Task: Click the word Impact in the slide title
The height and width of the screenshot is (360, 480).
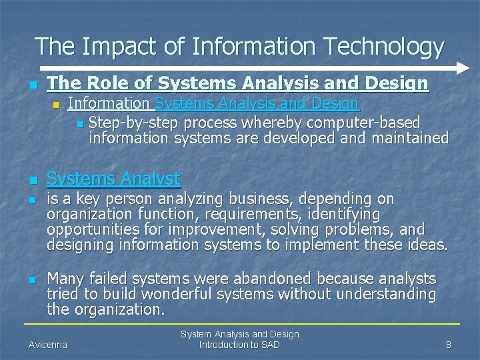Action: (x=121, y=47)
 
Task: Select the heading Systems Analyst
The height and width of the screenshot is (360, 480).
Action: (x=113, y=179)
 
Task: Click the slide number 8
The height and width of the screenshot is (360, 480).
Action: (x=449, y=345)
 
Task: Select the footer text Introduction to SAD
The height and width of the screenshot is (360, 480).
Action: (x=240, y=345)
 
